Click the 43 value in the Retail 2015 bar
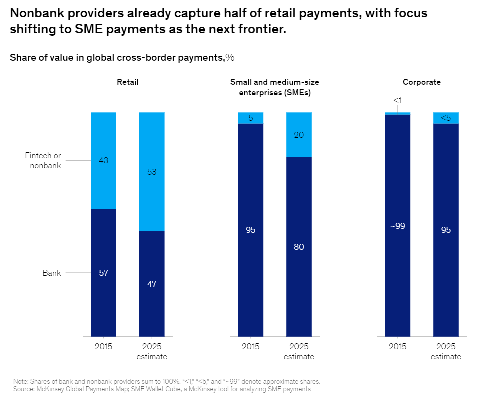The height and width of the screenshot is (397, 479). click(103, 160)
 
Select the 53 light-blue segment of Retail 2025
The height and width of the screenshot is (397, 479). click(152, 171)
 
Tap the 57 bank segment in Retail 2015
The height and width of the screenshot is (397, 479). click(103, 273)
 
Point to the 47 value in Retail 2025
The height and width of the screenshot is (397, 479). click(152, 284)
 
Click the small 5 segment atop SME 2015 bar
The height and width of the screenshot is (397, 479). click(250, 118)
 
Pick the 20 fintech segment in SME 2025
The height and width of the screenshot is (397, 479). click(299, 135)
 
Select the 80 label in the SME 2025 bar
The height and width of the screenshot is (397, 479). click(299, 247)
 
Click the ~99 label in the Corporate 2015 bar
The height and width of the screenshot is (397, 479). click(398, 226)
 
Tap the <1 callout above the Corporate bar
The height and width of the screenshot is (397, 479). click(398, 100)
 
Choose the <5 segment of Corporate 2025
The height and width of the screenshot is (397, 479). click(446, 118)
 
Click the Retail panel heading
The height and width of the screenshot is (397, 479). click(128, 82)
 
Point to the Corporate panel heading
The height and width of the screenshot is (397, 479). click(422, 82)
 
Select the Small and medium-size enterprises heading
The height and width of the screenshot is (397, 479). click(275, 87)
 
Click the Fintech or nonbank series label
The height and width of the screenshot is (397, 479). click(43, 160)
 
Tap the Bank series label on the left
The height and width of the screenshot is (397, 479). click(52, 273)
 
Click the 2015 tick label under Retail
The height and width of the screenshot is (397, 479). click(103, 346)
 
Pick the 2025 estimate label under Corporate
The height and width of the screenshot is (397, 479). click(446, 351)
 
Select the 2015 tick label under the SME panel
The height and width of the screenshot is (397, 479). click(250, 346)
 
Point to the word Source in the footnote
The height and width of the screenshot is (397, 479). click(23, 389)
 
